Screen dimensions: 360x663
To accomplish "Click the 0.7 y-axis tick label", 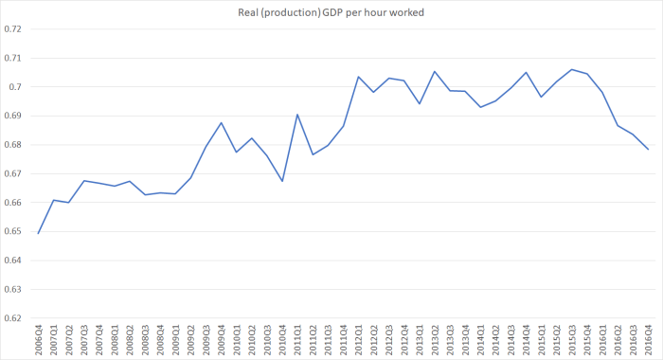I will coord(14,86).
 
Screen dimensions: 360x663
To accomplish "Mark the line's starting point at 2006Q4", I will coord(38,233).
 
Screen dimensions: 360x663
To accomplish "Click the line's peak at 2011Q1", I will coord(297,115).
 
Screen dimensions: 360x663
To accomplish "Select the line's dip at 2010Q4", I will coord(282,181).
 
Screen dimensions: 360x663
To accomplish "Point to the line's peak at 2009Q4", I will coord(222,122).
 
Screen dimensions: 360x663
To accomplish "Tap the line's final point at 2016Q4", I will coord(649,150).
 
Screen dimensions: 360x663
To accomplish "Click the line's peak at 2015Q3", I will coord(572,69).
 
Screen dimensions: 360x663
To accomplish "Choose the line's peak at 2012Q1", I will coord(359,77).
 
